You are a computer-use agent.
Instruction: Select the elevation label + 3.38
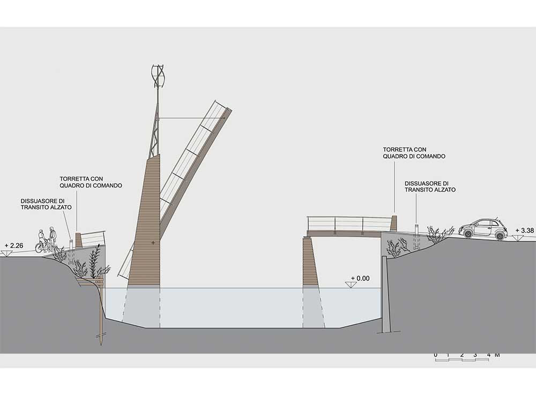click(x=525, y=231)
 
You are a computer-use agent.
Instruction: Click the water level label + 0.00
click(x=361, y=279)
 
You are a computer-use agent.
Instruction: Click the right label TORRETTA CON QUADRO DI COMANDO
click(x=414, y=153)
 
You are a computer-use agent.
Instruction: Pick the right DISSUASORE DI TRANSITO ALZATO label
click(x=430, y=186)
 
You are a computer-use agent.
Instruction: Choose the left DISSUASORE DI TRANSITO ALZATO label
click(x=46, y=204)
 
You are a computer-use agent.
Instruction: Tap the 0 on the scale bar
click(x=435, y=355)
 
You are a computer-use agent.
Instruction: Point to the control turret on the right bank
click(x=394, y=223)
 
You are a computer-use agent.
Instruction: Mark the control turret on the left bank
click(x=79, y=240)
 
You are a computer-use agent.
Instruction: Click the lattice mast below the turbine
click(x=155, y=131)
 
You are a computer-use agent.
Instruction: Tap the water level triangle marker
click(x=352, y=285)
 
